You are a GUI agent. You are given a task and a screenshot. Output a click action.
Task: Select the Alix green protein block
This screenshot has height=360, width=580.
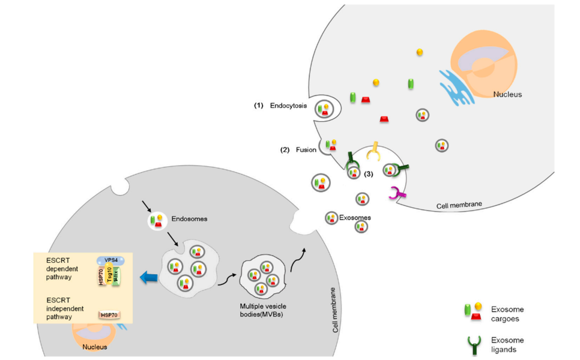pyautogui.click(x=117, y=275)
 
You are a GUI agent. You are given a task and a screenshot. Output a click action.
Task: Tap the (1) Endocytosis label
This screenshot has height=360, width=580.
pyautogui.click(x=280, y=106)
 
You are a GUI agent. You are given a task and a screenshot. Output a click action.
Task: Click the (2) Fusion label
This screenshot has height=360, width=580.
pyautogui.click(x=298, y=149)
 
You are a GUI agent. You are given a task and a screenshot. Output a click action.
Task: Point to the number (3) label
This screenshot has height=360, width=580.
pyautogui.click(x=369, y=174)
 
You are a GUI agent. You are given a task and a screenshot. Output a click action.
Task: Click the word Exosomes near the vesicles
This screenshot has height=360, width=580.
pyautogui.click(x=355, y=217)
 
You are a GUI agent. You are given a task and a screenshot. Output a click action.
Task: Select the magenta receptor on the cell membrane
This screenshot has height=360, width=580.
pyautogui.click(x=396, y=193)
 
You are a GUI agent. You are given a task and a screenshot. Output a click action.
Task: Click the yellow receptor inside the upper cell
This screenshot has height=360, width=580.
pyautogui.click(x=374, y=152)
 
